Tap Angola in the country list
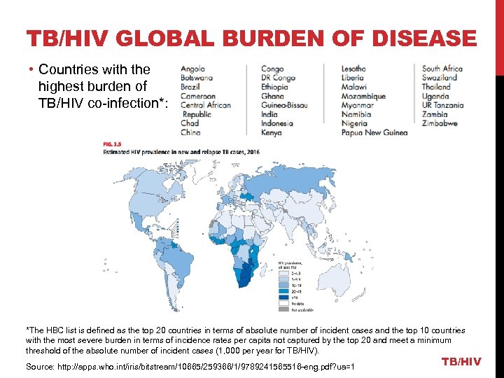[x=192, y=69]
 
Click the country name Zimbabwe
[x=440, y=123]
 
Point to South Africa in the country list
[x=442, y=69]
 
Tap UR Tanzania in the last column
[x=442, y=105]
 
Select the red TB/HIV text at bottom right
[x=461, y=361]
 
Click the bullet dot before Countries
[x=33, y=70]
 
